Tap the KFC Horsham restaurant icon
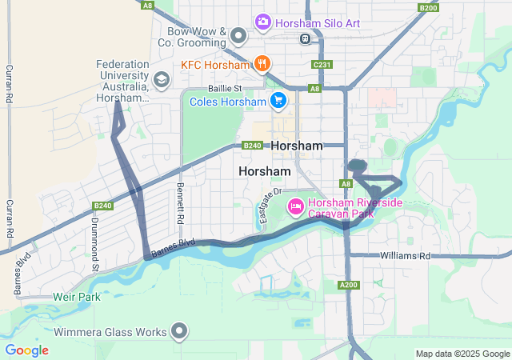[261, 63]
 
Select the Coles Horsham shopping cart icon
[278, 101]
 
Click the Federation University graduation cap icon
[162, 79]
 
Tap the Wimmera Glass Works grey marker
[180, 331]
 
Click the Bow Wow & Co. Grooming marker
[238, 35]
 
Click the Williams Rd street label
[405, 256]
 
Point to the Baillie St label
[225, 89]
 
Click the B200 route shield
[428, 7]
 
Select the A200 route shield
[348, 286]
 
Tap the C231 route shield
[322, 65]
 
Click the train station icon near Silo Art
[305, 38]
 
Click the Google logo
[26, 350]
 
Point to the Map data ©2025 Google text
[462, 354]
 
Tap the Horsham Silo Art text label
[318, 23]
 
